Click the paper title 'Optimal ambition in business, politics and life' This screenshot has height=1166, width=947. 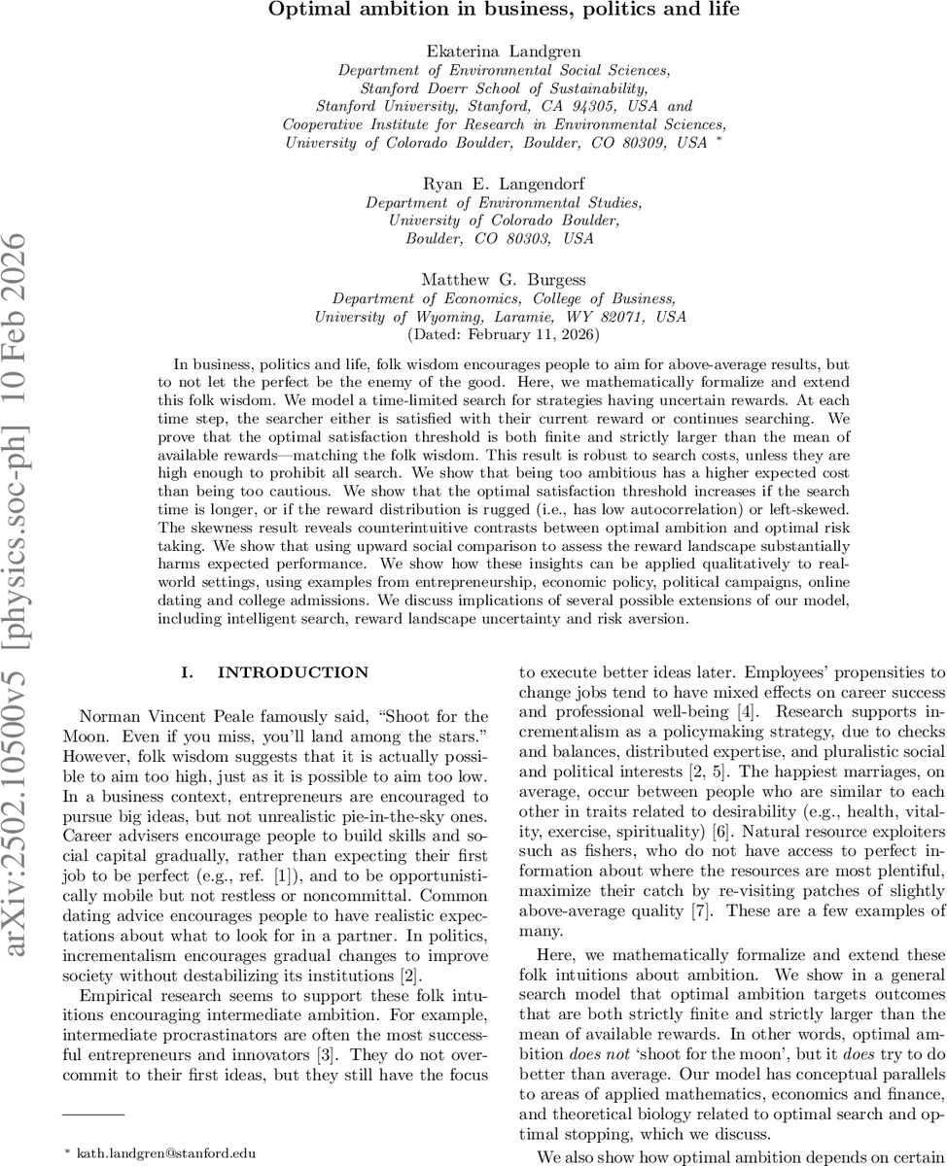click(x=504, y=11)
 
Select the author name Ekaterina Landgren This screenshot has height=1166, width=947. click(x=504, y=51)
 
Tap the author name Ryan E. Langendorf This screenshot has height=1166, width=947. click(x=504, y=185)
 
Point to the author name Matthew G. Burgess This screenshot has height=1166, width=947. click(x=504, y=280)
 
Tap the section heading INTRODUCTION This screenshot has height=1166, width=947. click(x=292, y=672)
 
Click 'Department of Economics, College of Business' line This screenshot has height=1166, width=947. click(x=504, y=298)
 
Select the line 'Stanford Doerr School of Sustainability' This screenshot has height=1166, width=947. click(x=504, y=87)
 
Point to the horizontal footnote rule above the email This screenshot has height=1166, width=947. click(x=93, y=1114)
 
